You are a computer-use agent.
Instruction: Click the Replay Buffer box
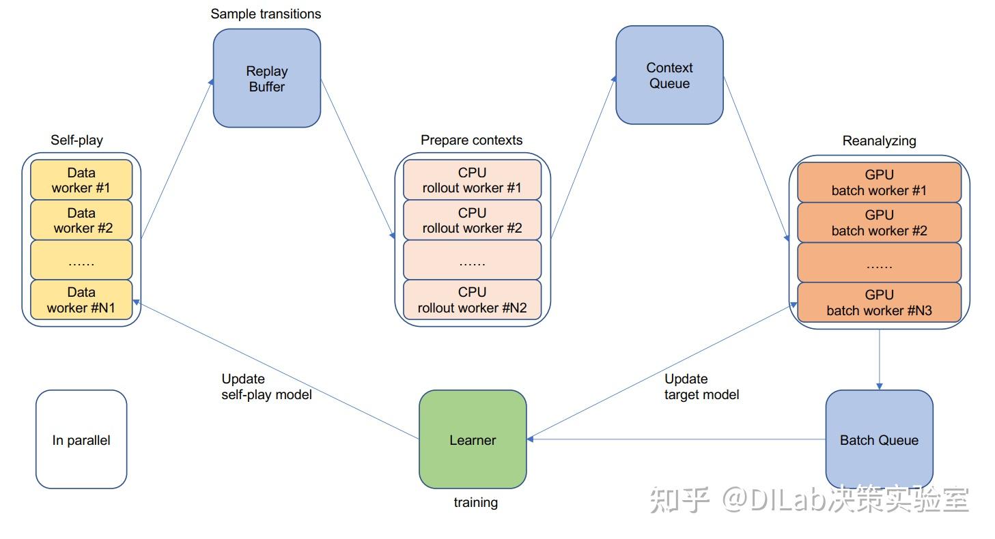pos(267,78)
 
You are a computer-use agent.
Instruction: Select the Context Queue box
pos(669,75)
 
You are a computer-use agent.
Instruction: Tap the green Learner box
pos(473,439)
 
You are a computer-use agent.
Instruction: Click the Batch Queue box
pos(879,439)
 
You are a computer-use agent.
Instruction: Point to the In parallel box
pos(81,439)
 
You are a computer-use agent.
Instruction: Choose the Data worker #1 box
pos(81,180)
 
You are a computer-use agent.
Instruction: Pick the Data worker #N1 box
pos(81,300)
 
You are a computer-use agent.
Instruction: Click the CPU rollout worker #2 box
pos(472,220)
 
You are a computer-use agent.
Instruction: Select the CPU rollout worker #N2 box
pos(472,300)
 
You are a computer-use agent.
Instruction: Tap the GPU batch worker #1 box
pos(879,182)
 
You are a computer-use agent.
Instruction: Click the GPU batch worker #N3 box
pos(879,302)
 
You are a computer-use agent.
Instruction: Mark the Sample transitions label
pos(266,14)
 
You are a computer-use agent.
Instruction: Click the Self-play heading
pos(77,140)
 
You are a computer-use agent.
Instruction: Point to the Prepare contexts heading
pos(471,140)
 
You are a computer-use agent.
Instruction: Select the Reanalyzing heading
pos(879,141)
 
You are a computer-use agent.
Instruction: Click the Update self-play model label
pos(266,387)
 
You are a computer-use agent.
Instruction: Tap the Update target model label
pos(701,387)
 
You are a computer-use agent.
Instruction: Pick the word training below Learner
pos(476,503)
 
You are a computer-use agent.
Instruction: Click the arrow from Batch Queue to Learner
pos(676,439)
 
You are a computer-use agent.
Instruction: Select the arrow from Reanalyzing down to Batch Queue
pos(879,360)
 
